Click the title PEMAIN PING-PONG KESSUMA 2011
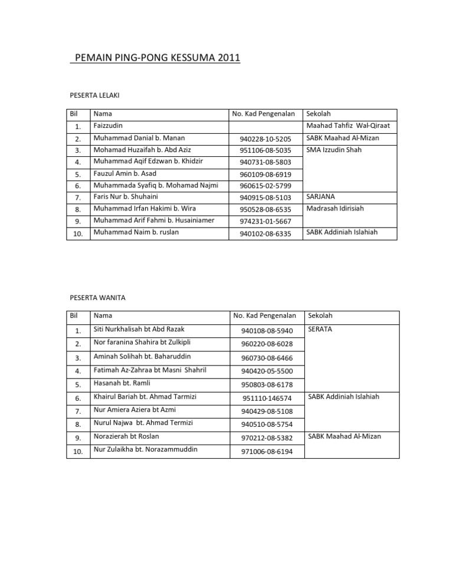(155, 58)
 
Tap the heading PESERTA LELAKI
(96, 94)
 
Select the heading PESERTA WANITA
(97, 298)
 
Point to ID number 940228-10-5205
(265, 139)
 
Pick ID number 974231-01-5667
(265, 221)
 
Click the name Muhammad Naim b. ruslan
(136, 232)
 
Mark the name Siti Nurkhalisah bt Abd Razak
(146, 329)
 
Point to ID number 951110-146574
(265, 398)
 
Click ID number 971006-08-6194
(265, 451)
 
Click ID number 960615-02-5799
(265, 186)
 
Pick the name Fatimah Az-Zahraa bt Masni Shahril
(152, 370)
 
